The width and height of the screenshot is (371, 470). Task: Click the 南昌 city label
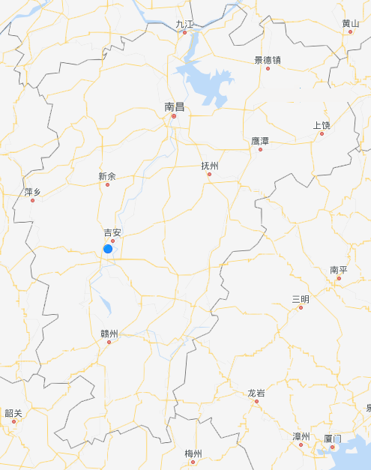pos(174,107)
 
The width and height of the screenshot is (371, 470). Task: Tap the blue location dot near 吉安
pos(108,248)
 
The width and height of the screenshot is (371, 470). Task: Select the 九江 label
pos(184,24)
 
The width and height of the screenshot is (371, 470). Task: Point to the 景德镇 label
pos(268,60)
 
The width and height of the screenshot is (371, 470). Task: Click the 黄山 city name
pos(350,23)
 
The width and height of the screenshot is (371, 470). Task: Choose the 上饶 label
pos(322,125)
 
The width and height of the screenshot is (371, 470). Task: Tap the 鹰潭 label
pos(260,141)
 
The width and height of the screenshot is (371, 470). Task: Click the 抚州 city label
pos(210,166)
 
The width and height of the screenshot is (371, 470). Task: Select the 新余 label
pos(107,177)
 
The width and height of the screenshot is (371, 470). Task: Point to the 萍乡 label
pos(33,193)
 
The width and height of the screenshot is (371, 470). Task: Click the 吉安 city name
pos(112,233)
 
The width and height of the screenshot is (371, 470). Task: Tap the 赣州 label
pos(109,334)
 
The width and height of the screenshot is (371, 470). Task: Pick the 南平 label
pos(339,270)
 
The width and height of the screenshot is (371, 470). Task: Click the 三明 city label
pos(301,299)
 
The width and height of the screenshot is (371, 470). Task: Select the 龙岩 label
pos(256,393)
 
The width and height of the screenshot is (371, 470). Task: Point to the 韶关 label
pos(13,413)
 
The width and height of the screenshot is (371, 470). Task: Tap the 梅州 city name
pos(193,454)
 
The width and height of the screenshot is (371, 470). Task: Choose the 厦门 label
pos(333,438)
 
